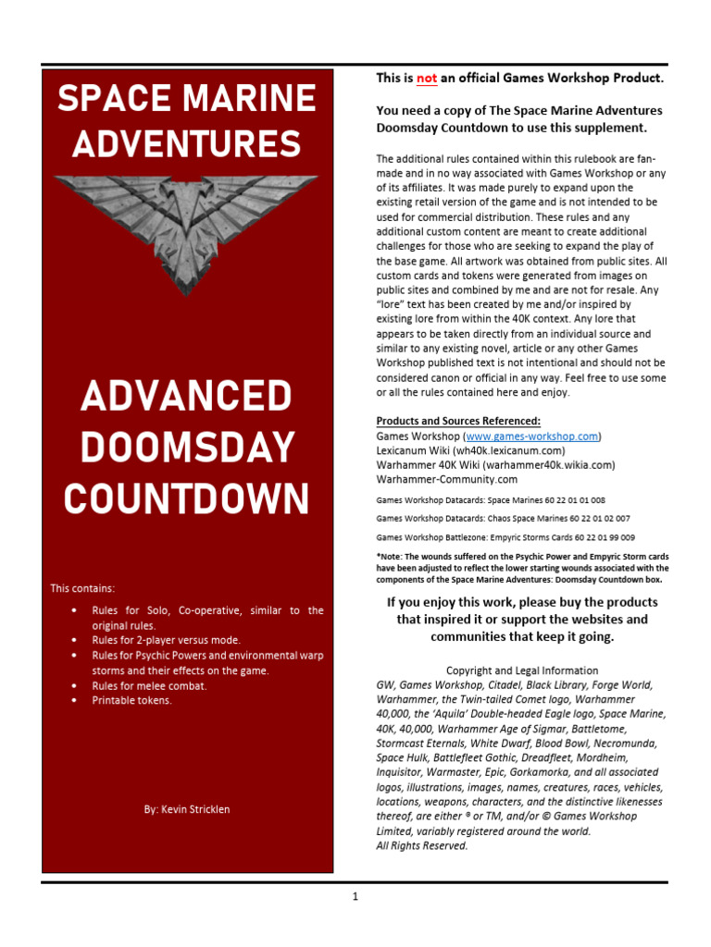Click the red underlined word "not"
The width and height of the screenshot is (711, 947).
[x=427, y=80]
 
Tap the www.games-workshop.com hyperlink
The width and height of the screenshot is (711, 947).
[x=532, y=436]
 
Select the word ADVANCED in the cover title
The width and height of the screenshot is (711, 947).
[x=186, y=397]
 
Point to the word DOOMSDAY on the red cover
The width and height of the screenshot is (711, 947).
[x=186, y=448]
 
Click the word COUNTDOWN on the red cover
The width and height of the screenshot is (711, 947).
[x=186, y=499]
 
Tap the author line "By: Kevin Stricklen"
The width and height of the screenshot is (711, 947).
[x=187, y=809]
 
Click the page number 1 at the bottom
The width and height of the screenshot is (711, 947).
[x=355, y=896]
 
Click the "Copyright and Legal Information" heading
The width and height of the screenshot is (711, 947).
[x=522, y=670]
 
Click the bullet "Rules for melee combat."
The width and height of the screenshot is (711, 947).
[x=149, y=685]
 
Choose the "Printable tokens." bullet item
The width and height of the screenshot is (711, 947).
[x=131, y=700]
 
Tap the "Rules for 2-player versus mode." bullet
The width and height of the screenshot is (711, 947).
[x=166, y=640]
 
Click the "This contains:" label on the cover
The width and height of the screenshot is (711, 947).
[x=82, y=588]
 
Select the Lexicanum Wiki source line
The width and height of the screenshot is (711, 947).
[x=470, y=450]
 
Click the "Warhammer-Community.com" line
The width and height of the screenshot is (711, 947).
[x=446, y=480]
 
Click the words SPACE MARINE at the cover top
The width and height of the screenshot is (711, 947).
[x=187, y=98]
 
